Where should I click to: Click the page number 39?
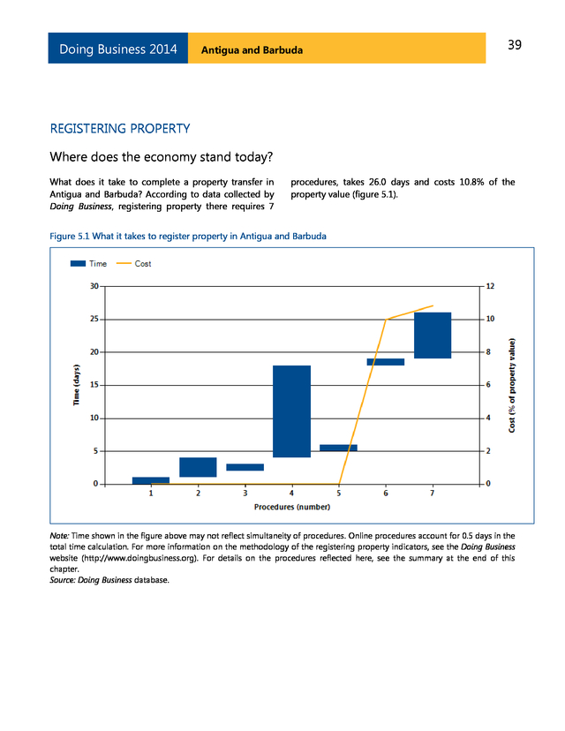pos(515,46)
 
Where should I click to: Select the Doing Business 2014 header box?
pos(118,49)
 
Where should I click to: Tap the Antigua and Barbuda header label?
pos(252,49)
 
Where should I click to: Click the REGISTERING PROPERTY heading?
pos(121,129)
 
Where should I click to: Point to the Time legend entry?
pos(88,264)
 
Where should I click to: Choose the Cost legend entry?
pos(133,264)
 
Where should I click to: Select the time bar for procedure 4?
pos(291,411)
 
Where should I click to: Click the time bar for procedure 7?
pos(433,335)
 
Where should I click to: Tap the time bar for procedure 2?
pos(198,467)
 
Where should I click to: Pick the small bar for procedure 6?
pos(386,362)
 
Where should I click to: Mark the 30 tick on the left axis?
pos(94,286)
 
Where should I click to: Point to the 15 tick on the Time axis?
pos(93,385)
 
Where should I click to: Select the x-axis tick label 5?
pos(338,494)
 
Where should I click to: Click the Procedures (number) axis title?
pos(291,507)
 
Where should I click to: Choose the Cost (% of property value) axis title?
pos(513,385)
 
